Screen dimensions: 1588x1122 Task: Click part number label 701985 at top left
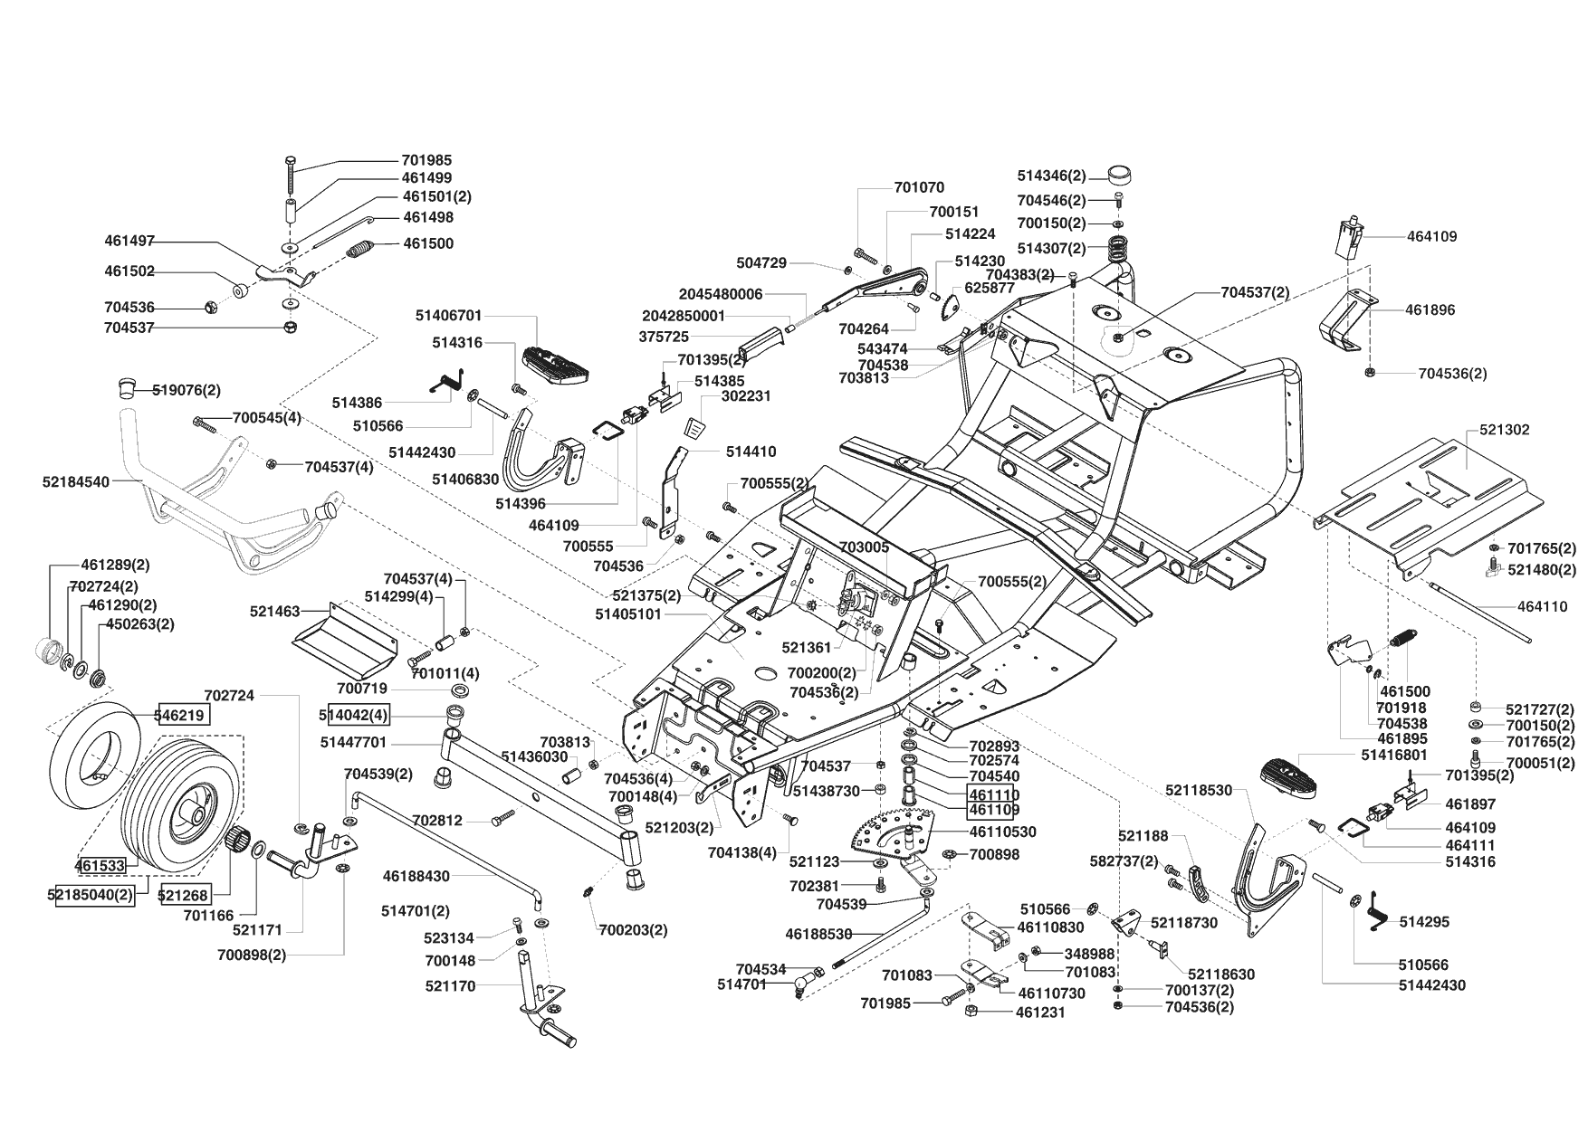tap(426, 160)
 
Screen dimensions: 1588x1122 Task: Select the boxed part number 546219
tap(184, 715)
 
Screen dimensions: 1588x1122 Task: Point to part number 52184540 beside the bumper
tap(75, 482)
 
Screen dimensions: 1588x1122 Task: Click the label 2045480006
tap(721, 294)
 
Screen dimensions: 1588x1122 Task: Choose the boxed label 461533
tap(100, 865)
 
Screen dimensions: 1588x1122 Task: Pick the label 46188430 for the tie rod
tap(416, 876)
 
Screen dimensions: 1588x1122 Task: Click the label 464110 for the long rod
tap(1543, 607)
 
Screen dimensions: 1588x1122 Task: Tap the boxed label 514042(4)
tap(353, 715)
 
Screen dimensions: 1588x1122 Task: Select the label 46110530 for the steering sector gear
tap(1002, 832)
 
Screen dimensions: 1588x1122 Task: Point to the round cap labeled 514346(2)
tap(1122, 175)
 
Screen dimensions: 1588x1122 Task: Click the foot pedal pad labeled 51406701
tap(550, 359)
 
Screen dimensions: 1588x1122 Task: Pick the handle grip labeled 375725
tap(761, 344)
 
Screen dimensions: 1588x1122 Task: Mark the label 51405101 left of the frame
tap(628, 614)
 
